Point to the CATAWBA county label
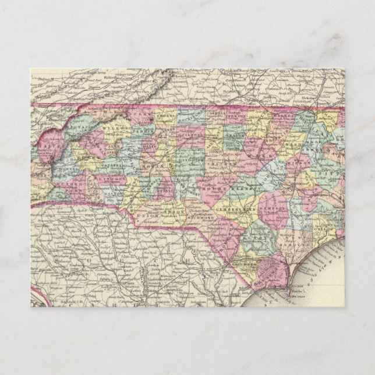coord(124,165)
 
